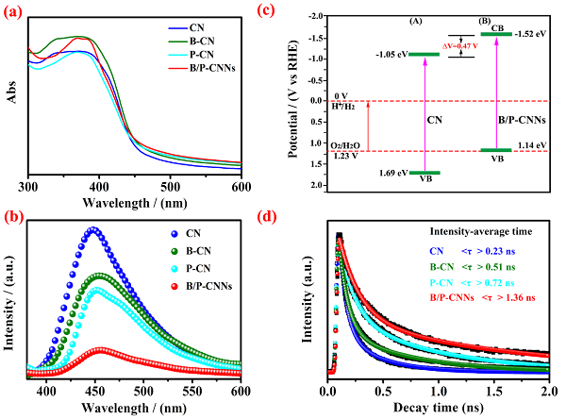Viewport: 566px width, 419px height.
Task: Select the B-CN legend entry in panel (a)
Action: (221, 41)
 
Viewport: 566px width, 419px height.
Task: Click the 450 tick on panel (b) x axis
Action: (94, 389)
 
